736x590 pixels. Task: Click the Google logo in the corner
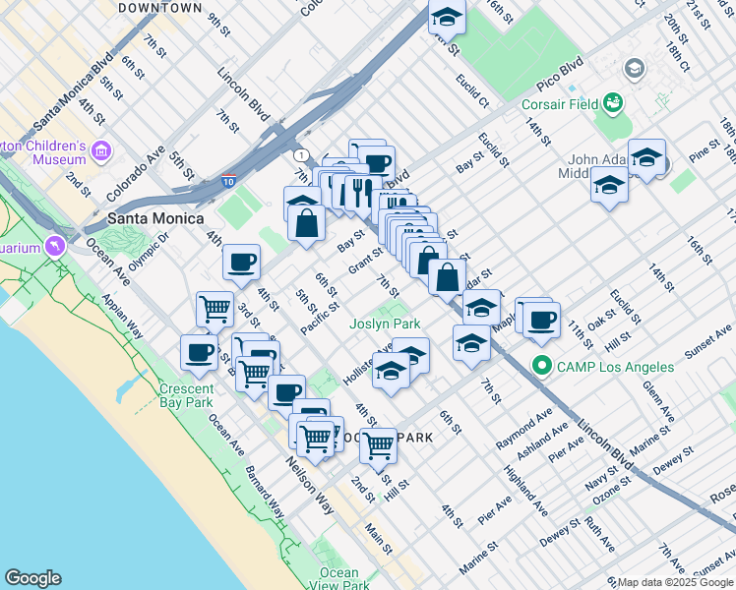[32, 578]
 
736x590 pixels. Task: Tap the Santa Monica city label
[155, 218]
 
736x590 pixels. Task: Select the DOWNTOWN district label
[159, 8]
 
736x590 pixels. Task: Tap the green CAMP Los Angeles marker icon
[540, 367]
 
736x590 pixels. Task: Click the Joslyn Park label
[385, 324]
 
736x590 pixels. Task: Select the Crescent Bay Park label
[187, 395]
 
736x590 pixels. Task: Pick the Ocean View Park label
[339, 579]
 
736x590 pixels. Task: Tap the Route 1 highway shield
[299, 155]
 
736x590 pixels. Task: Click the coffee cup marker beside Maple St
[541, 319]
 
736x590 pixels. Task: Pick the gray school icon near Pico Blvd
[635, 68]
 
